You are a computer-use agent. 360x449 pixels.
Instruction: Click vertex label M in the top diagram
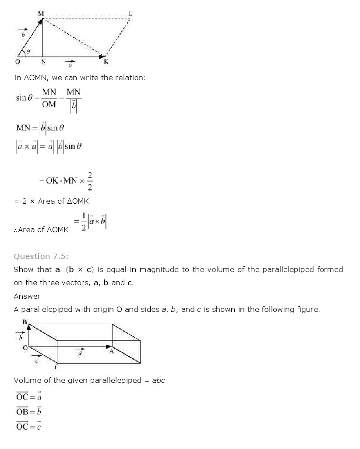click(x=41, y=14)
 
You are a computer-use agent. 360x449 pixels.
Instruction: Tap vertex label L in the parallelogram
click(x=131, y=14)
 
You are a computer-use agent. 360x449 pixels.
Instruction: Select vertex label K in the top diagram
click(x=106, y=62)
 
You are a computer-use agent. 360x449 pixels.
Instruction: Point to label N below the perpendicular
click(x=43, y=62)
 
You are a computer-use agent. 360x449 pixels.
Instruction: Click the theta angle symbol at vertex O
click(x=28, y=52)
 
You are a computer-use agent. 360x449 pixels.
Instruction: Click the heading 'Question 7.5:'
click(x=41, y=256)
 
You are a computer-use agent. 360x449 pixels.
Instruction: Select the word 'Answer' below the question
click(x=27, y=296)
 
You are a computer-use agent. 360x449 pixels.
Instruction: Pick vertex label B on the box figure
click(x=25, y=322)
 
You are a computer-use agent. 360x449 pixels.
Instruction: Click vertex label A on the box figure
click(x=111, y=351)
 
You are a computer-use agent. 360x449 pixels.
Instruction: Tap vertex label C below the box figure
click(x=56, y=367)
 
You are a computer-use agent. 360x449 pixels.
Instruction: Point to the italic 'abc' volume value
click(x=159, y=380)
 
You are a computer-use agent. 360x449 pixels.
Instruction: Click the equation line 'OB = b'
click(x=28, y=411)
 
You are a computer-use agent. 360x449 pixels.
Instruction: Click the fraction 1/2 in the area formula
click(x=84, y=222)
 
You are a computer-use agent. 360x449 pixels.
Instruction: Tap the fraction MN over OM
click(x=49, y=98)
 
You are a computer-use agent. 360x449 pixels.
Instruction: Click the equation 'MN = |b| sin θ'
click(x=40, y=128)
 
